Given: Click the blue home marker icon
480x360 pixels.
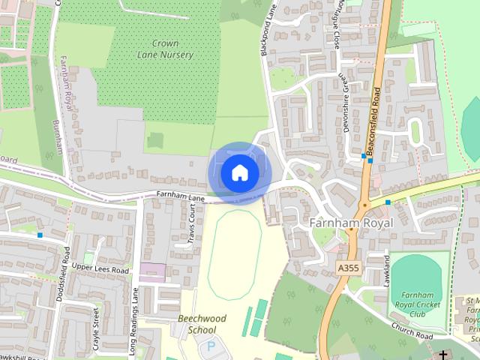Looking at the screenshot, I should (x=239, y=173).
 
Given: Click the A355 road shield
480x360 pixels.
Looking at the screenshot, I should (x=349, y=268).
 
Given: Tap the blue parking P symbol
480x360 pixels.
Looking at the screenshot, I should (x=210, y=347).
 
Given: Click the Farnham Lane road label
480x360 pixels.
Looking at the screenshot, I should (x=181, y=196).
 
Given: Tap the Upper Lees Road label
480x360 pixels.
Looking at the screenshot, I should (x=101, y=269).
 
